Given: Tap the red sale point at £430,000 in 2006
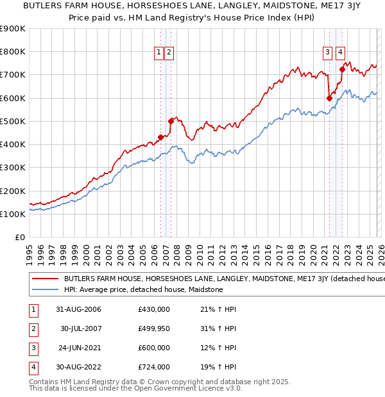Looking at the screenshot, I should [x=160, y=137].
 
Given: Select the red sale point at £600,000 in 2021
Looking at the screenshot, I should [x=329, y=98].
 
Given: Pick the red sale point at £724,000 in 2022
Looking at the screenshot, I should [x=343, y=69].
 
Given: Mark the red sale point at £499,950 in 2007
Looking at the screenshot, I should [x=171, y=121].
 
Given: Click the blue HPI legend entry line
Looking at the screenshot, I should [x=46, y=289].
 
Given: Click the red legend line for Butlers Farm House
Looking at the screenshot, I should [x=46, y=279].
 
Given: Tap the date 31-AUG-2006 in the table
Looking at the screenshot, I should [x=78, y=309].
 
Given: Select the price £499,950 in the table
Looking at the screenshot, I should [x=154, y=328].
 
